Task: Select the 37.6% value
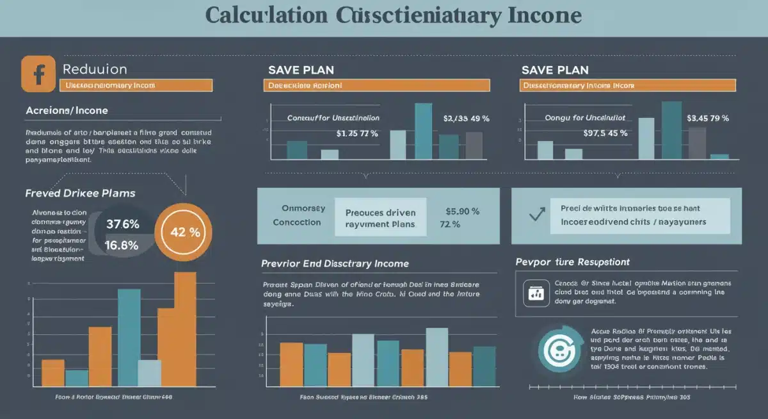(122, 224)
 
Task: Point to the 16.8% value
(122, 245)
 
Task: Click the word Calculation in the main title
(265, 16)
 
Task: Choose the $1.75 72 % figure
(357, 134)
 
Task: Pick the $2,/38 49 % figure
(466, 119)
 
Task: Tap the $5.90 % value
(462, 211)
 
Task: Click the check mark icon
(537, 215)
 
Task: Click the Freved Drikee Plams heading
(80, 193)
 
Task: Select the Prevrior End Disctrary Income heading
(335, 263)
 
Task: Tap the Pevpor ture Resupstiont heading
(572, 262)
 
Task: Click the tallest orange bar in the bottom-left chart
(185, 329)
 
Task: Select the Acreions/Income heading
(67, 110)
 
